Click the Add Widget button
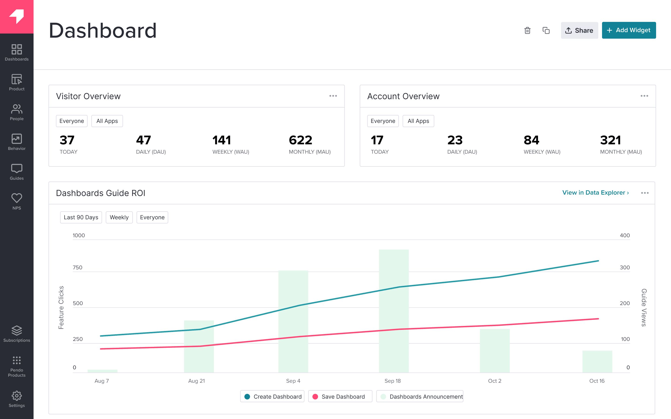pyautogui.click(x=629, y=30)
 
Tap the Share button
pyautogui.click(x=579, y=30)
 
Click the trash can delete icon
pyautogui.click(x=527, y=30)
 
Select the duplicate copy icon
pyautogui.click(x=546, y=30)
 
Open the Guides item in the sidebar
pyautogui.click(x=17, y=172)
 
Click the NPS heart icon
pyautogui.click(x=17, y=198)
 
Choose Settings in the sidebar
pyautogui.click(x=17, y=399)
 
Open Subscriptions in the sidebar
pyautogui.click(x=17, y=334)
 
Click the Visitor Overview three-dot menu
pyautogui.click(x=333, y=96)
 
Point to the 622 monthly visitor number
pyautogui.click(x=301, y=140)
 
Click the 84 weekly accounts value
pyautogui.click(x=531, y=140)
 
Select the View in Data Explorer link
pyautogui.click(x=595, y=193)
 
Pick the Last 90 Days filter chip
pyautogui.click(x=81, y=217)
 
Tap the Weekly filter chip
pyautogui.click(x=119, y=217)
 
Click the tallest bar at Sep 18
pyautogui.click(x=394, y=310)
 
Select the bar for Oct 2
pyautogui.click(x=495, y=351)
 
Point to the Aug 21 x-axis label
pyautogui.click(x=197, y=381)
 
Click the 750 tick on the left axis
pyautogui.click(x=78, y=267)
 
